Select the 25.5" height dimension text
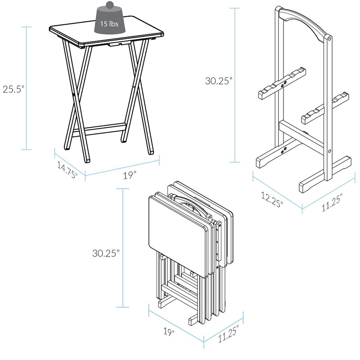(x=12, y=89)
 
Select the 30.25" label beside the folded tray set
(x=105, y=253)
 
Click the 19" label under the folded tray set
(x=169, y=332)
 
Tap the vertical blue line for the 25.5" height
(x=27, y=88)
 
